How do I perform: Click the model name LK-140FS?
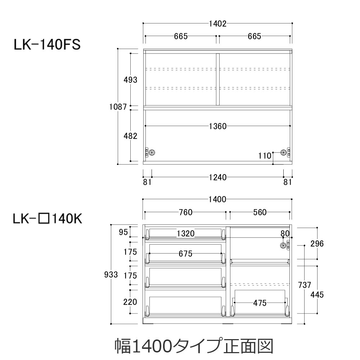47,45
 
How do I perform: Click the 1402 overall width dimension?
217,24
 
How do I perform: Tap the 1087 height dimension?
118,107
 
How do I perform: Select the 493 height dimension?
130,80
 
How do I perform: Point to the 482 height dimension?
130,136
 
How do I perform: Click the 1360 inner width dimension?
217,126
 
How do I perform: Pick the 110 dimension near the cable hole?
265,156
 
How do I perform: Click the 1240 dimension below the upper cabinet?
217,177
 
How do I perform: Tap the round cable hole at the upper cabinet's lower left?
152,152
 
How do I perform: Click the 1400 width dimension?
217,199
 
